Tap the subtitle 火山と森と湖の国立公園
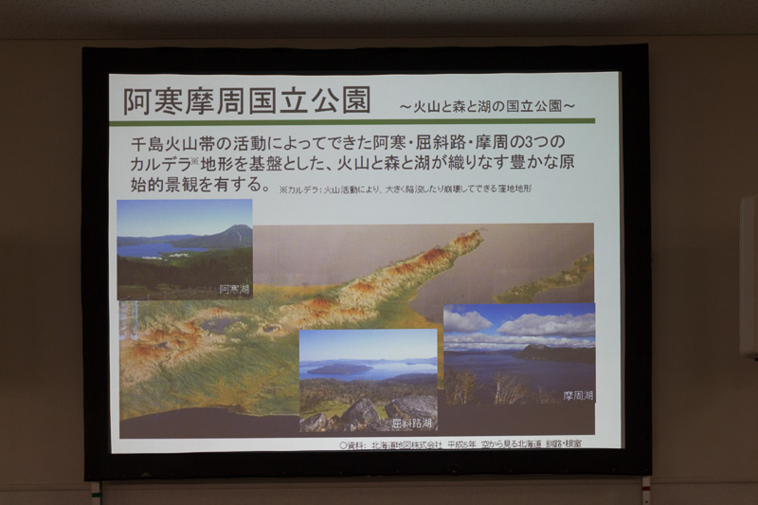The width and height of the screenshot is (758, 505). tap(488, 103)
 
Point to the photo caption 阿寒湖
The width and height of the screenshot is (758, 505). tap(234, 288)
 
